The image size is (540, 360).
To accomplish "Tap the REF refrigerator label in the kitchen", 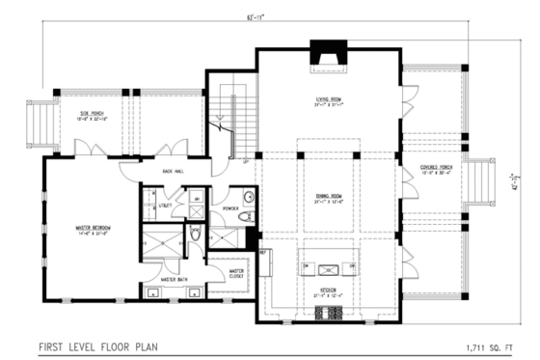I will click(262, 251).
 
